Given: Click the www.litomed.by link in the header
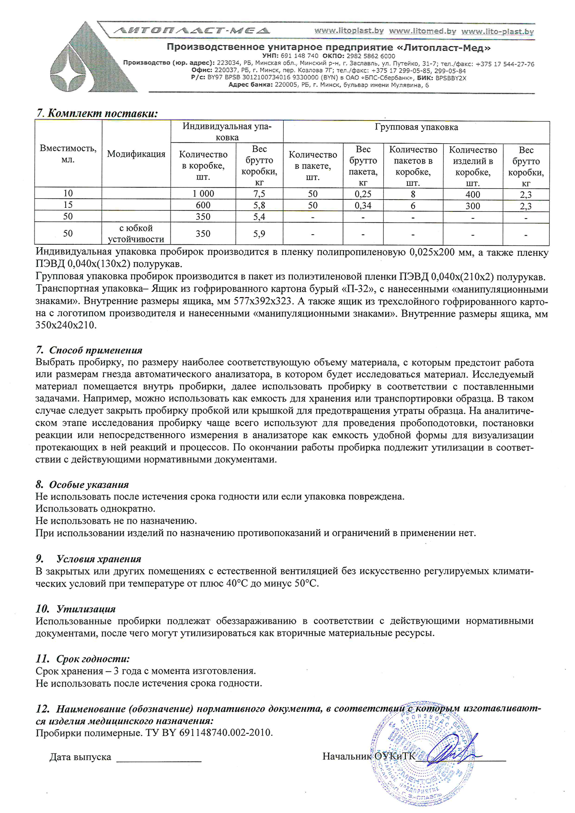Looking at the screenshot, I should click(x=422, y=31).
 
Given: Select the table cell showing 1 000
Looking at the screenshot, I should click(x=203, y=194).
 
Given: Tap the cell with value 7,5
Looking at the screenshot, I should click(x=259, y=194).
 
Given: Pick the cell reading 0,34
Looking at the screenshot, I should click(x=363, y=206).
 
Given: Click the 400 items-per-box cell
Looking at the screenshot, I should click(x=472, y=194).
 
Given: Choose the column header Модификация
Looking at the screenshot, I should click(x=136, y=154).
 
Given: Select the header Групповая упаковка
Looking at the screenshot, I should click(x=416, y=127).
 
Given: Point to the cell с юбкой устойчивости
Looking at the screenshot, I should click(x=136, y=233).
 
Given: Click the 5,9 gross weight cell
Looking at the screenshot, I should click(x=259, y=234).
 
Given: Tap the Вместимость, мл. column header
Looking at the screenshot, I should click(x=68, y=154).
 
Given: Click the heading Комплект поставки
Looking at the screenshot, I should click(x=103, y=113).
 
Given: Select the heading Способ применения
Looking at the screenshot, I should click(x=95, y=350).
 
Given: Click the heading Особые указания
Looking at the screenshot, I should click(x=89, y=484).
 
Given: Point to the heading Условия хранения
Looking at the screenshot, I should click(x=99, y=559).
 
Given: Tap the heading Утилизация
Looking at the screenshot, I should click(x=86, y=609).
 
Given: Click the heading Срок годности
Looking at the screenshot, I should click(x=93, y=659).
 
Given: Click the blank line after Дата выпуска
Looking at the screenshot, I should click(x=159, y=757).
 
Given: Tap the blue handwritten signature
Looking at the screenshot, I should click(x=450, y=753).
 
